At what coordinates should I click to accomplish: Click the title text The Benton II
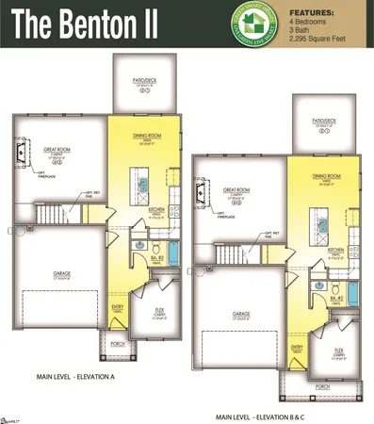coord(84,23)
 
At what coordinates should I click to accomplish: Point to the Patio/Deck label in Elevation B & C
coord(323,122)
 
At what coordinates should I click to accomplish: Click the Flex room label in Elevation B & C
coord(337,350)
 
